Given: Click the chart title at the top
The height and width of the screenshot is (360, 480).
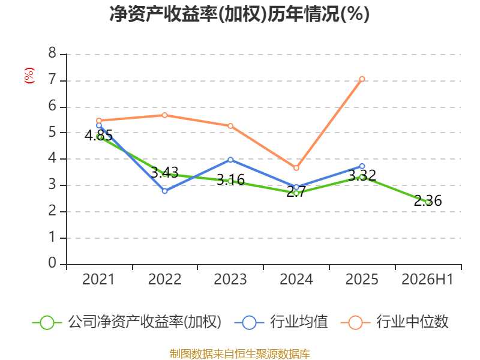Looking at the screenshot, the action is click(239, 14).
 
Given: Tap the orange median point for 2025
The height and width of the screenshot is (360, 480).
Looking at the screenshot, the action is click(362, 79).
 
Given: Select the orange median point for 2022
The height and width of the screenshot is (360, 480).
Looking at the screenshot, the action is click(164, 115).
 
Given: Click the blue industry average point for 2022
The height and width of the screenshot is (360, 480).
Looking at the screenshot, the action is click(164, 191).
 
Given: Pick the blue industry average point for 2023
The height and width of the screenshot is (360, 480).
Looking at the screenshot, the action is click(230, 160).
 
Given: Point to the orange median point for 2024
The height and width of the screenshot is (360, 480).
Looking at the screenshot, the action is click(296, 168).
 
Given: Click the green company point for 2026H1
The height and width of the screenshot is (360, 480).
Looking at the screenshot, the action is click(428, 202).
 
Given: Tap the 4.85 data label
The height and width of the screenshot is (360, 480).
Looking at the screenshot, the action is click(98, 136).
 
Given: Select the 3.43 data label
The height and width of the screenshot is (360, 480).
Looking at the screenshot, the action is click(164, 173).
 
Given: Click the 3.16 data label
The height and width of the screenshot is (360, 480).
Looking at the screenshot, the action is click(230, 179).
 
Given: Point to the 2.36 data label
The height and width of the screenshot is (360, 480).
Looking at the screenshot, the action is click(428, 201).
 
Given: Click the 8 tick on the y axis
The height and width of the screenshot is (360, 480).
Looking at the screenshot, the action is click(52, 53).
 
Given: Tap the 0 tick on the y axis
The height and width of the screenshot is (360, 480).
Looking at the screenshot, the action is click(52, 263).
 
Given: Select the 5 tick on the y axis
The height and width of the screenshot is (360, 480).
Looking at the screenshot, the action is click(52, 132).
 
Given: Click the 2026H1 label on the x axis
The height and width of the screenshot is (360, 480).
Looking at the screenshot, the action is click(427, 279).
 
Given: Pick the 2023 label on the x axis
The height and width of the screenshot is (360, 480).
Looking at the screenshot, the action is click(230, 279).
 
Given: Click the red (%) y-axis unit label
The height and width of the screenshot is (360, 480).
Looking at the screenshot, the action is click(29, 76).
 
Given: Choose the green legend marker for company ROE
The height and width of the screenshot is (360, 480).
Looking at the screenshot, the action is click(47, 323).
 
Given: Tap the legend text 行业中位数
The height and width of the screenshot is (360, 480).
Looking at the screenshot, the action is click(412, 322).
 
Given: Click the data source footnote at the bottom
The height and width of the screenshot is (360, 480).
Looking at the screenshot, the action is click(240, 354).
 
